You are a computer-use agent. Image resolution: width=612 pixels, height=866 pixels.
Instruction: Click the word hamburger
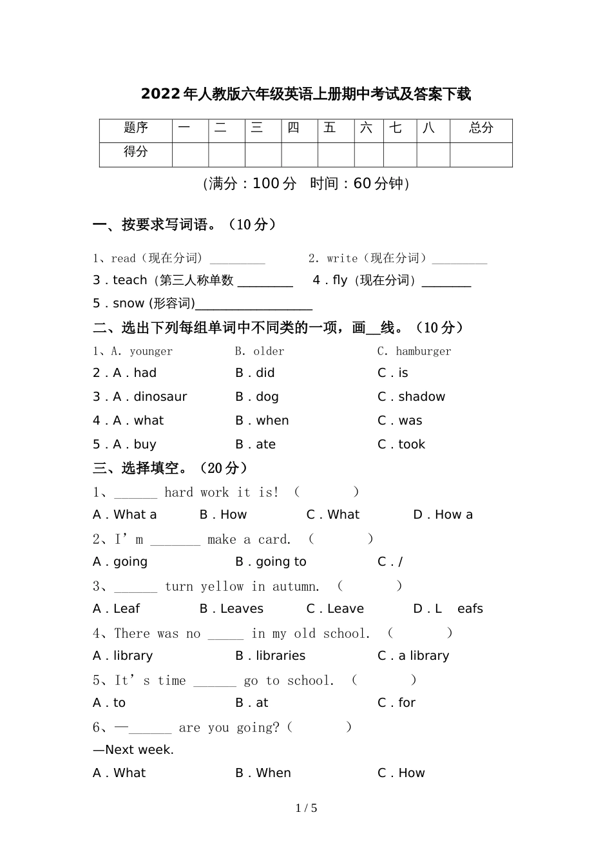pyautogui.click(x=423, y=351)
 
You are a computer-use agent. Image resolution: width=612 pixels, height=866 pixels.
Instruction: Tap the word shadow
pyautogui.click(x=421, y=397)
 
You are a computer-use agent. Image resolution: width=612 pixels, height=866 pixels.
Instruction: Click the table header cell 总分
pyautogui.click(x=481, y=128)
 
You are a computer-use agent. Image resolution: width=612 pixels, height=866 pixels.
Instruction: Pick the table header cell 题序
pyautogui.click(x=136, y=128)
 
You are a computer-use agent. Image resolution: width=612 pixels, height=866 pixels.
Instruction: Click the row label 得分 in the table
pyautogui.click(x=136, y=152)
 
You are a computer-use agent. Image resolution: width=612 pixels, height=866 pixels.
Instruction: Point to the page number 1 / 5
pyautogui.click(x=306, y=808)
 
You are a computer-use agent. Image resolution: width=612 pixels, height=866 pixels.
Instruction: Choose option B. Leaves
pyautogui.click(x=232, y=609)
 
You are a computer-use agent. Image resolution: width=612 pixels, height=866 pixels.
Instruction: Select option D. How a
pyautogui.click(x=443, y=515)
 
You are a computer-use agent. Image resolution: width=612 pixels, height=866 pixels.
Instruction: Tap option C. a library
pyautogui.click(x=414, y=656)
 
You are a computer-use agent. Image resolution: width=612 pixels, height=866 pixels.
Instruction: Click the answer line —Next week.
pyautogui.click(x=133, y=750)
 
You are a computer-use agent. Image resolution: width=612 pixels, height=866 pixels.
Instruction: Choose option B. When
pyautogui.click(x=263, y=773)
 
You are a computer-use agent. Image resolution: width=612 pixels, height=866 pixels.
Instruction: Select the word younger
pyautogui.click(x=151, y=351)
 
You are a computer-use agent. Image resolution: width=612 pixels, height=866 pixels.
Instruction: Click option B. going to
pyautogui.click(x=271, y=562)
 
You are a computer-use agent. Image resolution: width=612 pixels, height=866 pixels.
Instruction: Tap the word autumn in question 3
pyautogui.click(x=295, y=586)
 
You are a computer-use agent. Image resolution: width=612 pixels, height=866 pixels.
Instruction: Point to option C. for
pyautogui.click(x=397, y=703)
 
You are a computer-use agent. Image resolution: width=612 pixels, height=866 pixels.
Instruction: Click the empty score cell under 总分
pyautogui.click(x=481, y=155)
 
